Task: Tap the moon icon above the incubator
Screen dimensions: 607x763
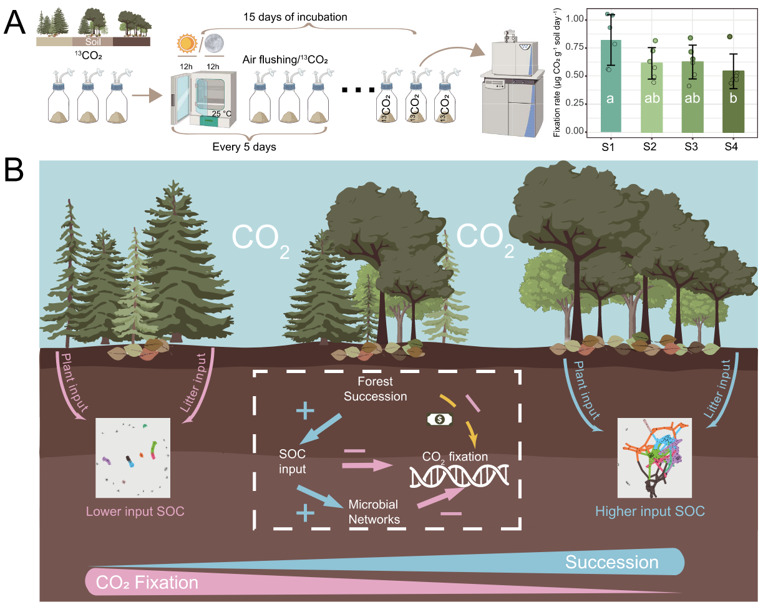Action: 215,42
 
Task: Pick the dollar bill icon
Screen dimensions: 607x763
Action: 440,419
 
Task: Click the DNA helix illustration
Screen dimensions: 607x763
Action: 459,477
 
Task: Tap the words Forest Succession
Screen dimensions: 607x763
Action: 375,389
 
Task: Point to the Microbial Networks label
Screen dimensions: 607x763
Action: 373,511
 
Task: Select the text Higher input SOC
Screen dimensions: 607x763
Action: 650,512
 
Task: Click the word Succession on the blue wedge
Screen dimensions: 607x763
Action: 611,562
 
